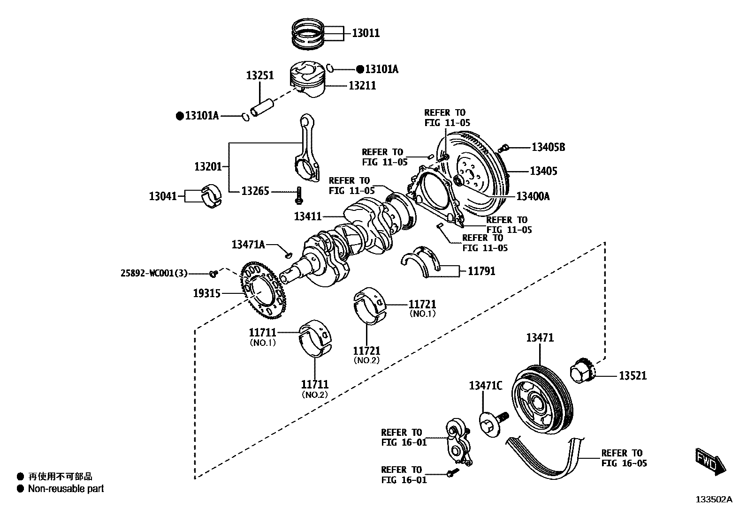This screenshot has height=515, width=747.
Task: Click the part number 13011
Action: (x=366, y=33)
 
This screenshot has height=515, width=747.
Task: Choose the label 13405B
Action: (x=548, y=148)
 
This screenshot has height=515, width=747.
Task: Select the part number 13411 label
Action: (x=308, y=216)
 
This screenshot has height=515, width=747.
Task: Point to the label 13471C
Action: (x=485, y=386)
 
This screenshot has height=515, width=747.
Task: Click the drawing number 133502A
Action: (x=713, y=500)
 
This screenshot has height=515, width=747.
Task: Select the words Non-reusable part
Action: (x=66, y=489)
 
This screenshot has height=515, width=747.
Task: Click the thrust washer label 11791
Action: (x=481, y=271)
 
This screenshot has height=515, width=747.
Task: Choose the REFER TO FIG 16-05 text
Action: (x=622, y=458)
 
